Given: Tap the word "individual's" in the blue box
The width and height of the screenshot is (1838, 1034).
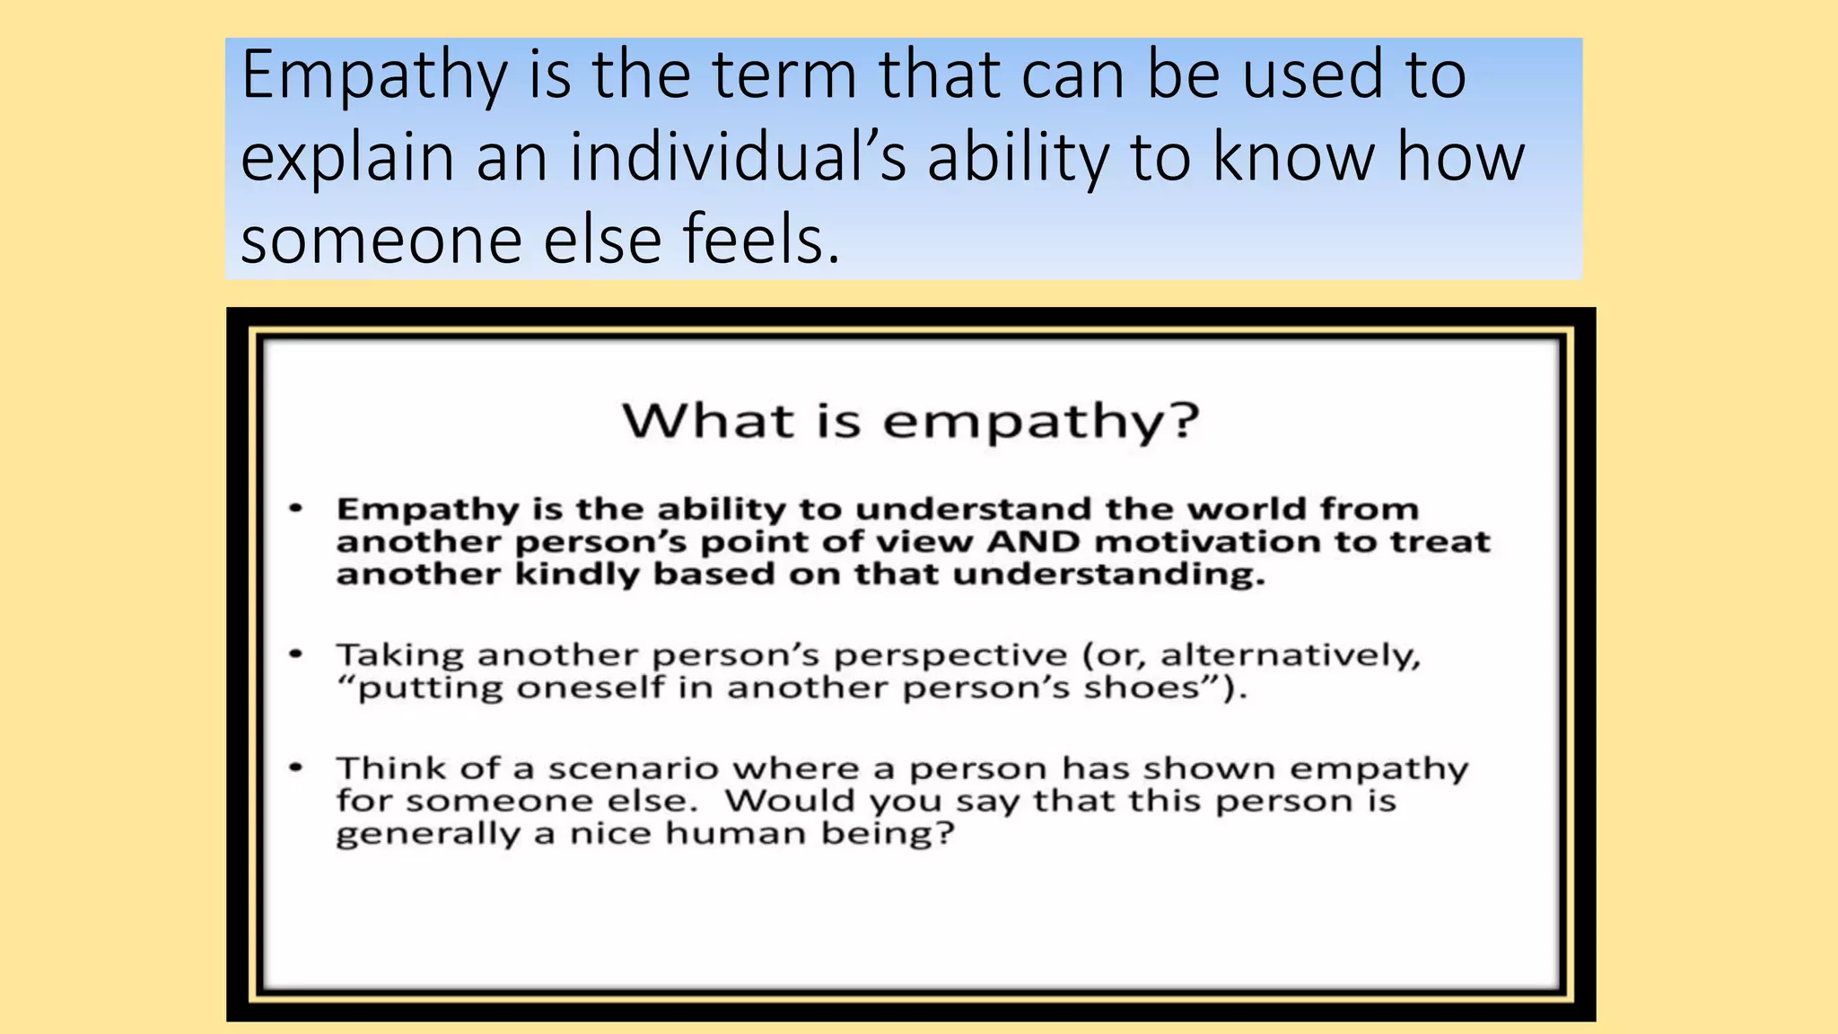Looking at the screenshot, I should [738, 157].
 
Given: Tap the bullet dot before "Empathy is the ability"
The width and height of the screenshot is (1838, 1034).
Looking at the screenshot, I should [295, 510].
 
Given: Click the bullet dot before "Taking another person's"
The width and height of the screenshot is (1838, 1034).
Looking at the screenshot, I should [295, 654].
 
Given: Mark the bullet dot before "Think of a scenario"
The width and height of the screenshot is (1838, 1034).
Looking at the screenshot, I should [295, 768].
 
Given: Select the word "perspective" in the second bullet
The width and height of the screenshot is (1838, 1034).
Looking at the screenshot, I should [950, 655].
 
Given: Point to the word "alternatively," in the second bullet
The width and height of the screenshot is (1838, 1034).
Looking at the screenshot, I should [1291, 655].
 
